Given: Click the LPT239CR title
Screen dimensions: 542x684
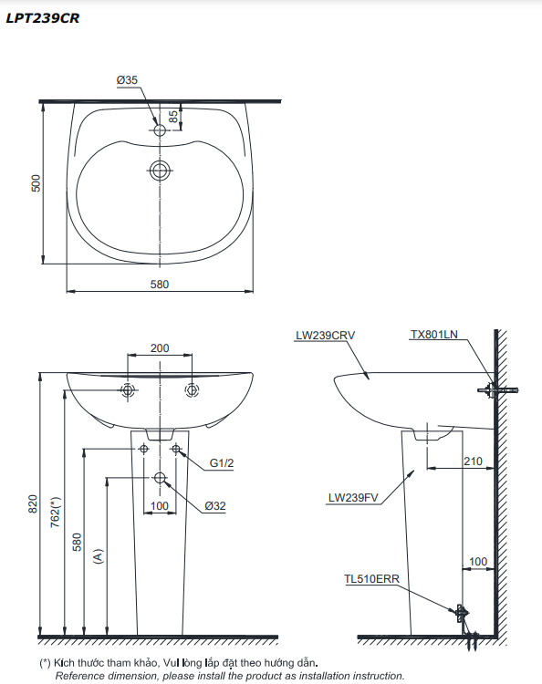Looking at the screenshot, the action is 42,18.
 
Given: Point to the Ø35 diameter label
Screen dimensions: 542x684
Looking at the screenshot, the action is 127,80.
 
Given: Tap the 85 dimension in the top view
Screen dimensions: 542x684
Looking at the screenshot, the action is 173,117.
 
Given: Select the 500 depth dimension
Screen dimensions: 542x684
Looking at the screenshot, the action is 36,183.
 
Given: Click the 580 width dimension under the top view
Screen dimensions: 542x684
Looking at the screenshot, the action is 160,285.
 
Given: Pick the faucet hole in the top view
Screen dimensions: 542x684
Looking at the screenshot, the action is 160,130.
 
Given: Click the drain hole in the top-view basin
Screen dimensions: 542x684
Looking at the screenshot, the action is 160,171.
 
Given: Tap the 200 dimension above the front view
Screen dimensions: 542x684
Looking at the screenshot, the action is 160,348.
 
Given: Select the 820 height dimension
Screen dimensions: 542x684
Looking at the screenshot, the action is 33,503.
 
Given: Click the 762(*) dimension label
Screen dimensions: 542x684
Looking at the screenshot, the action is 56,512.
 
